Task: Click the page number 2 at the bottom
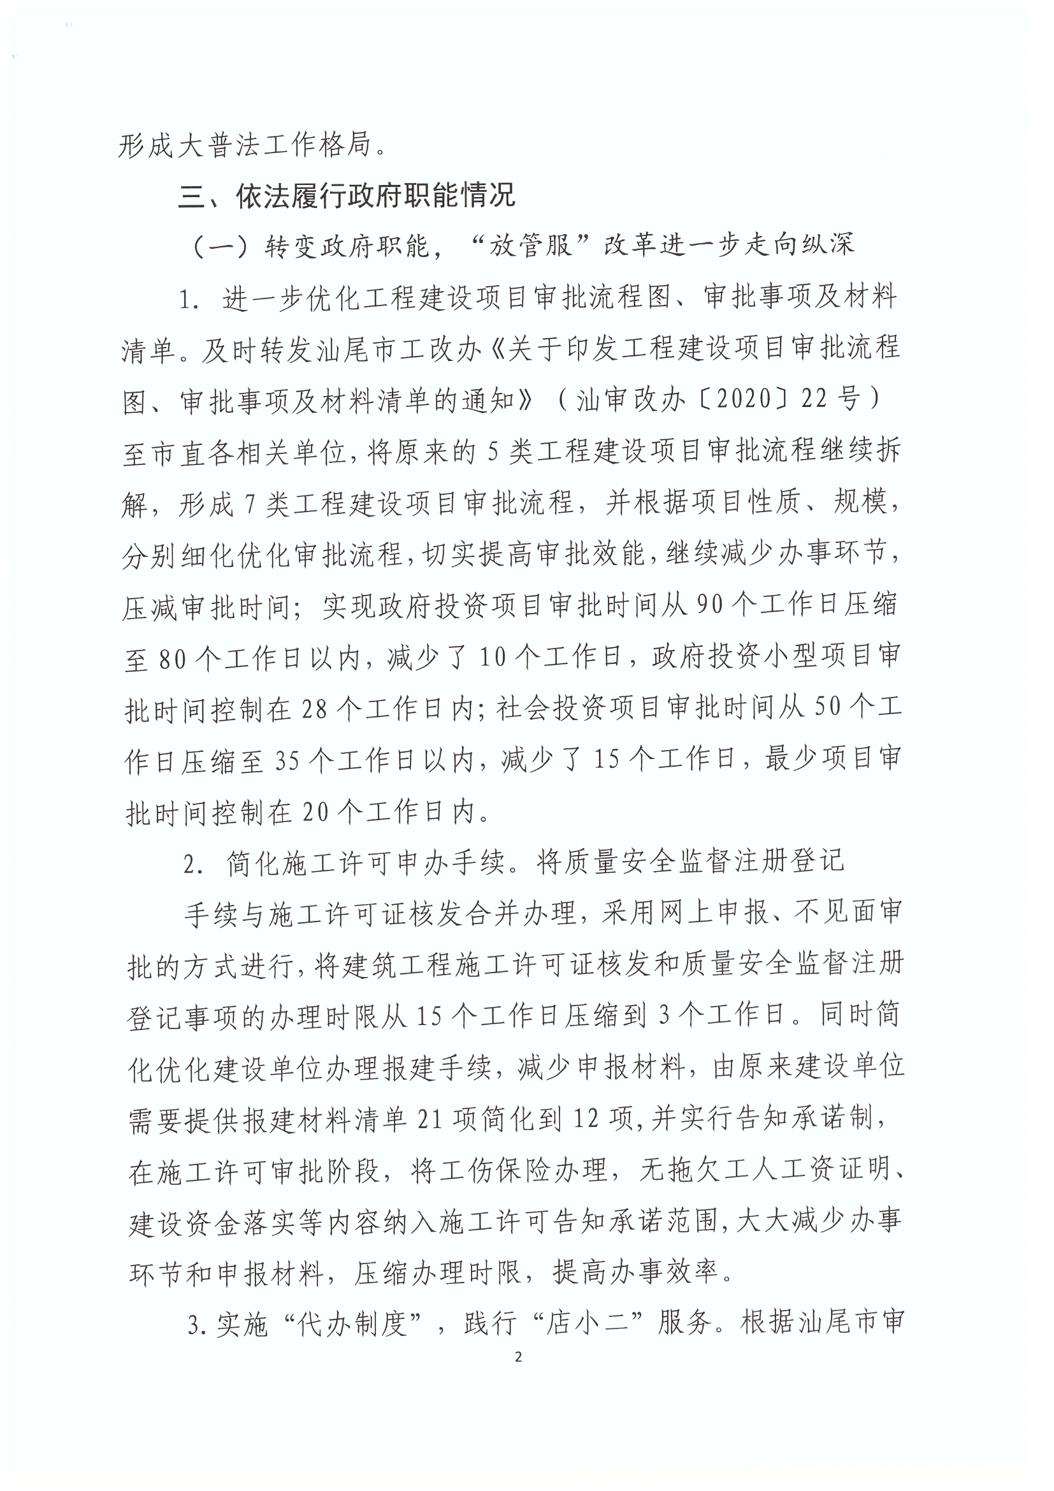point(518,1356)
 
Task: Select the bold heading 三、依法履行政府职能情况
point(347,195)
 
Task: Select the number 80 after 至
point(173,660)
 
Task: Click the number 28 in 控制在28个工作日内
point(314,710)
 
